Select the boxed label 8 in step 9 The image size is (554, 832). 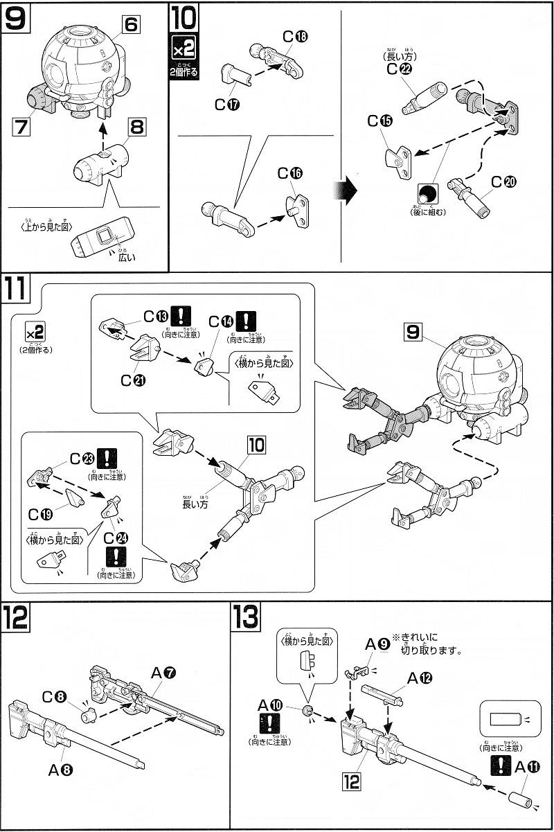point(136,127)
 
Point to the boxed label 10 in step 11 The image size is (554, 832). point(256,445)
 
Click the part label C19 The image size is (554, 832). point(43,514)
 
